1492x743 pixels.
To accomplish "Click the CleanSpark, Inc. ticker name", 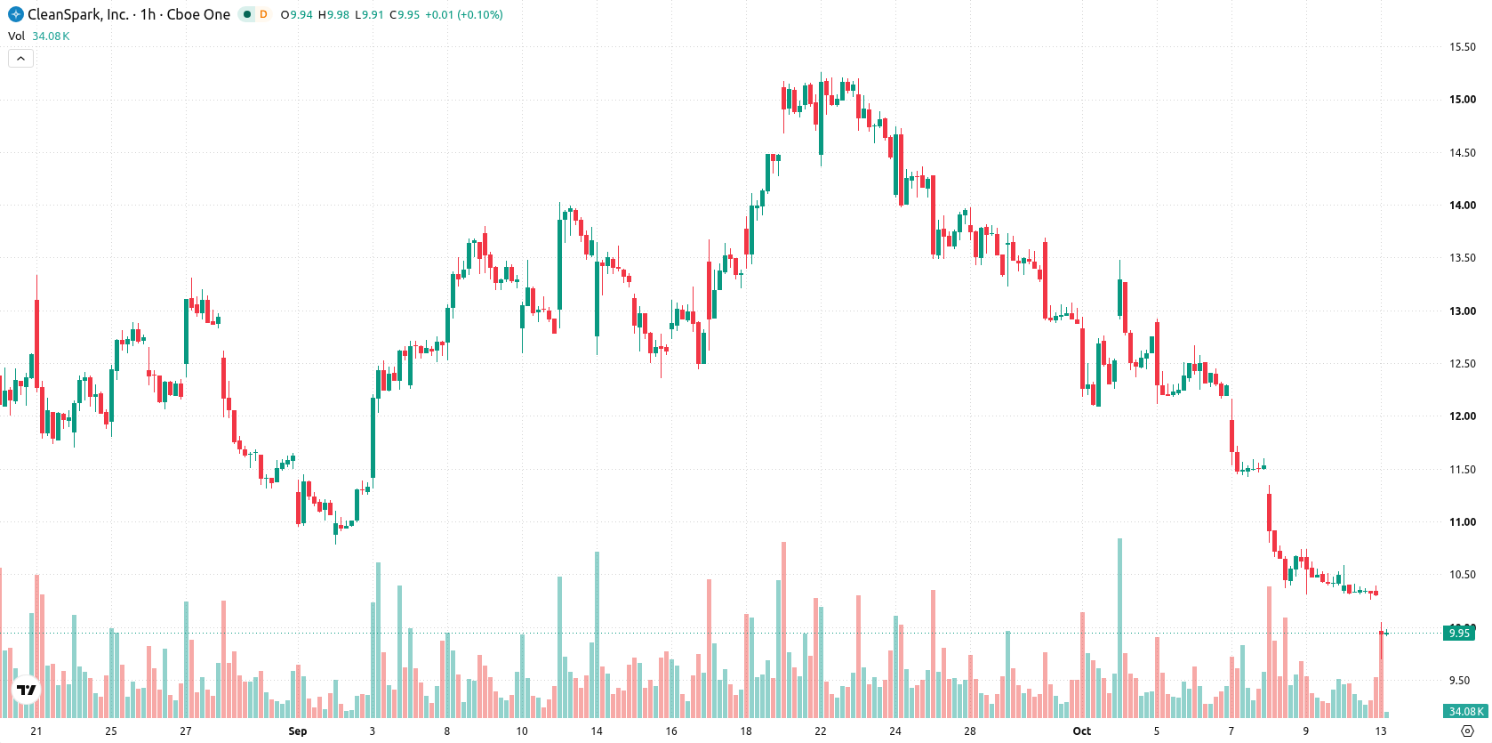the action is click(x=78, y=14).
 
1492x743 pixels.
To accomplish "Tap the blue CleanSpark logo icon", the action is click(x=15, y=14).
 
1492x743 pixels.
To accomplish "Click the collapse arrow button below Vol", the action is click(x=20, y=59).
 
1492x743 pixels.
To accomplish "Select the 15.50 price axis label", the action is click(x=1463, y=46).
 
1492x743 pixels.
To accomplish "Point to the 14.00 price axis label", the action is click(x=1463, y=206).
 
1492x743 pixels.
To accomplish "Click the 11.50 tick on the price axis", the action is click(x=1463, y=469).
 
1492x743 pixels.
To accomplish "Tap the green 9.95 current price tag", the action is click(x=1459, y=633).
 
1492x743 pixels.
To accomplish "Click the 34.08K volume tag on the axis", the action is click(x=1465, y=712).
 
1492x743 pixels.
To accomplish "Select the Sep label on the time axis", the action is click(x=297, y=731).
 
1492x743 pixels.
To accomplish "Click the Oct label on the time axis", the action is click(x=1082, y=731).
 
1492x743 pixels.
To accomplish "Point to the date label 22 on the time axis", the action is click(x=821, y=731).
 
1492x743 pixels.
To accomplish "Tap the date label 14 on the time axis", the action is click(x=596, y=731).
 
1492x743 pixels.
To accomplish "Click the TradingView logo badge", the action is click(x=27, y=690).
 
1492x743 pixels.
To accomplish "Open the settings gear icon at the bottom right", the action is click(x=1467, y=731).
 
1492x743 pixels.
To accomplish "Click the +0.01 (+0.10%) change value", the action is click(x=463, y=14).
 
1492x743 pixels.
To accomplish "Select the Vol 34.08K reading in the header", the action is click(x=38, y=36).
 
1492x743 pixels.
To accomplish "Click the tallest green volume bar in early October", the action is click(x=1119, y=627).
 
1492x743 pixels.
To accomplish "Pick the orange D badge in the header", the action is click(x=263, y=14).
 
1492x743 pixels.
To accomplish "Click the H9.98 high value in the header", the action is click(x=333, y=14).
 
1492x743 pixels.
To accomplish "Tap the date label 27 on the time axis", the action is click(x=185, y=731).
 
